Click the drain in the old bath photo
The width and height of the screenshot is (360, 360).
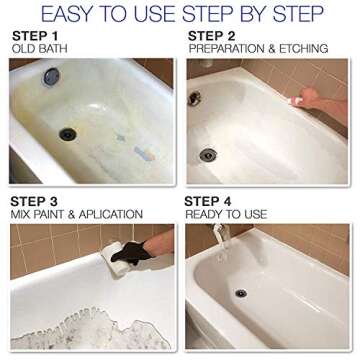click(x=68, y=133)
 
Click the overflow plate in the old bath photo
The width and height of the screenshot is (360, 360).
click(x=50, y=76)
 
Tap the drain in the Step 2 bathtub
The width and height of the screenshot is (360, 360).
click(x=208, y=155)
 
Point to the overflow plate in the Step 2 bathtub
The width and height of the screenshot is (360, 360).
click(x=194, y=98)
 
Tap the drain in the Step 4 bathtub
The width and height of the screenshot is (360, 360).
click(x=240, y=293)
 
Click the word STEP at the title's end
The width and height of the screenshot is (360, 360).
click(x=299, y=14)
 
